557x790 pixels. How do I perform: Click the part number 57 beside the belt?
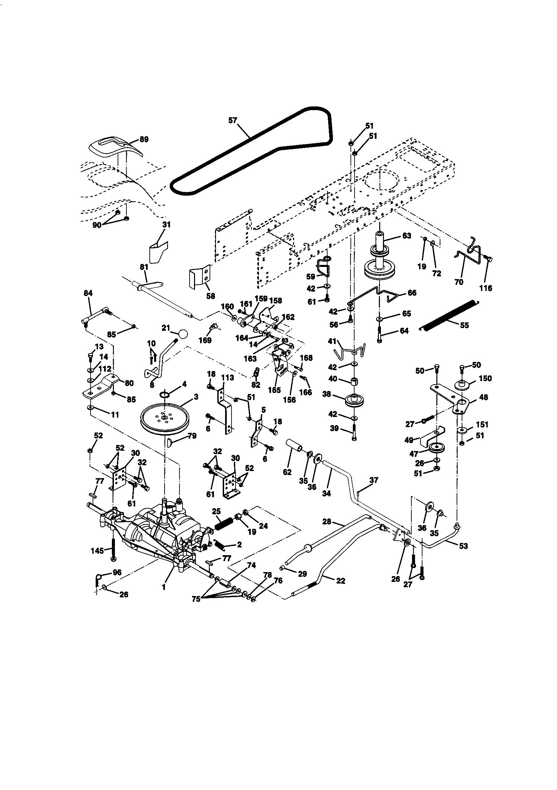coord(233,120)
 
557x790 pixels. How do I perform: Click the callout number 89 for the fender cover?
coord(144,139)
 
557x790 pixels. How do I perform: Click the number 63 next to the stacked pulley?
coord(407,236)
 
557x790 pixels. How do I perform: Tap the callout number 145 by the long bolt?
coord(97,551)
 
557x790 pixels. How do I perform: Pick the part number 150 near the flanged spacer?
coord(485,378)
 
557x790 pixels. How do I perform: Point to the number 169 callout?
coord(205,340)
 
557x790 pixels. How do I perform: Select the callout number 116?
coord(486,288)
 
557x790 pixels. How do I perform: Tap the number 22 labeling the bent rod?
coord(340,581)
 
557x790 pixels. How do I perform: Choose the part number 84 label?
coord(88,293)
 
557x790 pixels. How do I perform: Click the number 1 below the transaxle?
coord(164,587)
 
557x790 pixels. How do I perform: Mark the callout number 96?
coord(117,572)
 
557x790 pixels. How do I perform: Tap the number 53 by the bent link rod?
coord(463,546)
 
